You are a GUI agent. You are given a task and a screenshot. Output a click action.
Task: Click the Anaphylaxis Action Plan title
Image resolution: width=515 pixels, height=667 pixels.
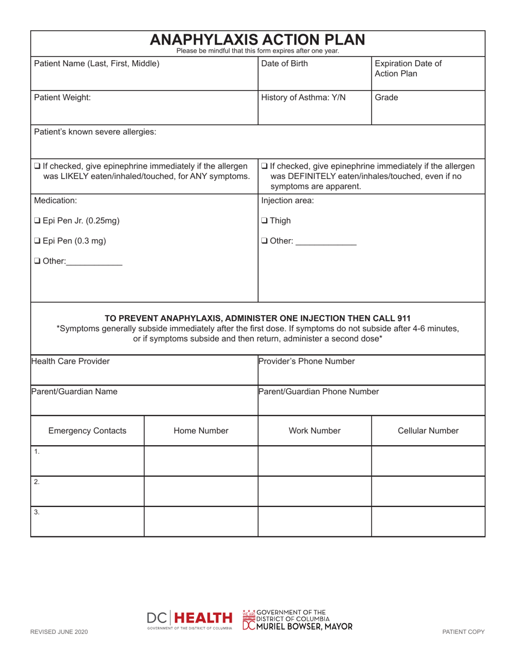tap(257, 40)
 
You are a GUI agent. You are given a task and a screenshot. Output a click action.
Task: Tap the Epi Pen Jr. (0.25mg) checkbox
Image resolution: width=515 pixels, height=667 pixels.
tap(37, 221)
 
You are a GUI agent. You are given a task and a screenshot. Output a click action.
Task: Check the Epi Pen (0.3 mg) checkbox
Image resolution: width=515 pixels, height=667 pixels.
tap(37, 241)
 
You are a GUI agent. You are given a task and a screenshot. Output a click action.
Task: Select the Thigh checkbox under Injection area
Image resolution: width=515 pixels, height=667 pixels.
tap(264, 221)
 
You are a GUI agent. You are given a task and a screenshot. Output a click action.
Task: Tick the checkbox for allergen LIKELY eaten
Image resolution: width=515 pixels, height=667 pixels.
tap(37, 166)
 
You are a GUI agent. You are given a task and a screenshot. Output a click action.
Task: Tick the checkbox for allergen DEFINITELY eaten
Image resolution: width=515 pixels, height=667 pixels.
tap(264, 166)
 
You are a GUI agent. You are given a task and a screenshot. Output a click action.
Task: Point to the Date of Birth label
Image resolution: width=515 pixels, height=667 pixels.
tap(285, 63)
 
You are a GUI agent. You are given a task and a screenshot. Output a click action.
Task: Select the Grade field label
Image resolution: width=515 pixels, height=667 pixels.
tap(386, 98)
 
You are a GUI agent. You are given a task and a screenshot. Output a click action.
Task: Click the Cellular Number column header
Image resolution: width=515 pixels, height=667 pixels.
tap(428, 431)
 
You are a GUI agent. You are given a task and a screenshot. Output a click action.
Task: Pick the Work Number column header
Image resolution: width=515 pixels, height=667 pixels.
tap(314, 431)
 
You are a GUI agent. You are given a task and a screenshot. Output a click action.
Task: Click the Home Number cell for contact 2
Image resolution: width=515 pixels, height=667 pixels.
tap(201, 491)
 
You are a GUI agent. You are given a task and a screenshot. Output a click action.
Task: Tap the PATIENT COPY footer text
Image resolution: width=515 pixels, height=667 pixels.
tap(463, 632)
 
